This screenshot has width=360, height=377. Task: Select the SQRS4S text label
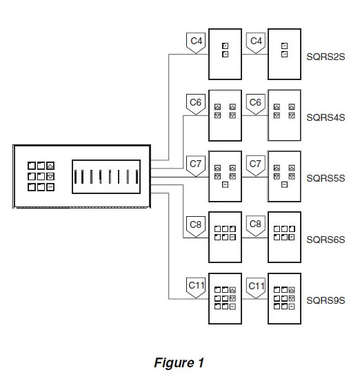coord(325,117)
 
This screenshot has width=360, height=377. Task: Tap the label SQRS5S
coord(325,178)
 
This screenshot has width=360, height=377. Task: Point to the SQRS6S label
coord(325,240)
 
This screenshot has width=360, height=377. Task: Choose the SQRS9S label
coord(325,300)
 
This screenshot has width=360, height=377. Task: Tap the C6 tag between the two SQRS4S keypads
coord(256,104)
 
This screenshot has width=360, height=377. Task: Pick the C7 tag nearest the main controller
coord(196,165)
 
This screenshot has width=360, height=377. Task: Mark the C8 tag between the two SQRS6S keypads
coord(256,225)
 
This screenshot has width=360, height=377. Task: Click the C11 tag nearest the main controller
coord(196,286)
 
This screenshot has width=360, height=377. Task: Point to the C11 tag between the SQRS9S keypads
coord(256,286)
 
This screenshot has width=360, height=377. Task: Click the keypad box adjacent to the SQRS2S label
coord(284,54)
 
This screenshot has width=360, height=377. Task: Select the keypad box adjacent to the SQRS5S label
coord(284,176)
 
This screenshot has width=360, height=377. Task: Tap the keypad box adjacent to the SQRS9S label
coord(284,298)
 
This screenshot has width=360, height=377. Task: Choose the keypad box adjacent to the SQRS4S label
coord(284,115)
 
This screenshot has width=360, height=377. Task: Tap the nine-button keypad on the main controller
coord(41,176)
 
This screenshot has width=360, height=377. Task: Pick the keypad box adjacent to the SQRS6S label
coord(284,237)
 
